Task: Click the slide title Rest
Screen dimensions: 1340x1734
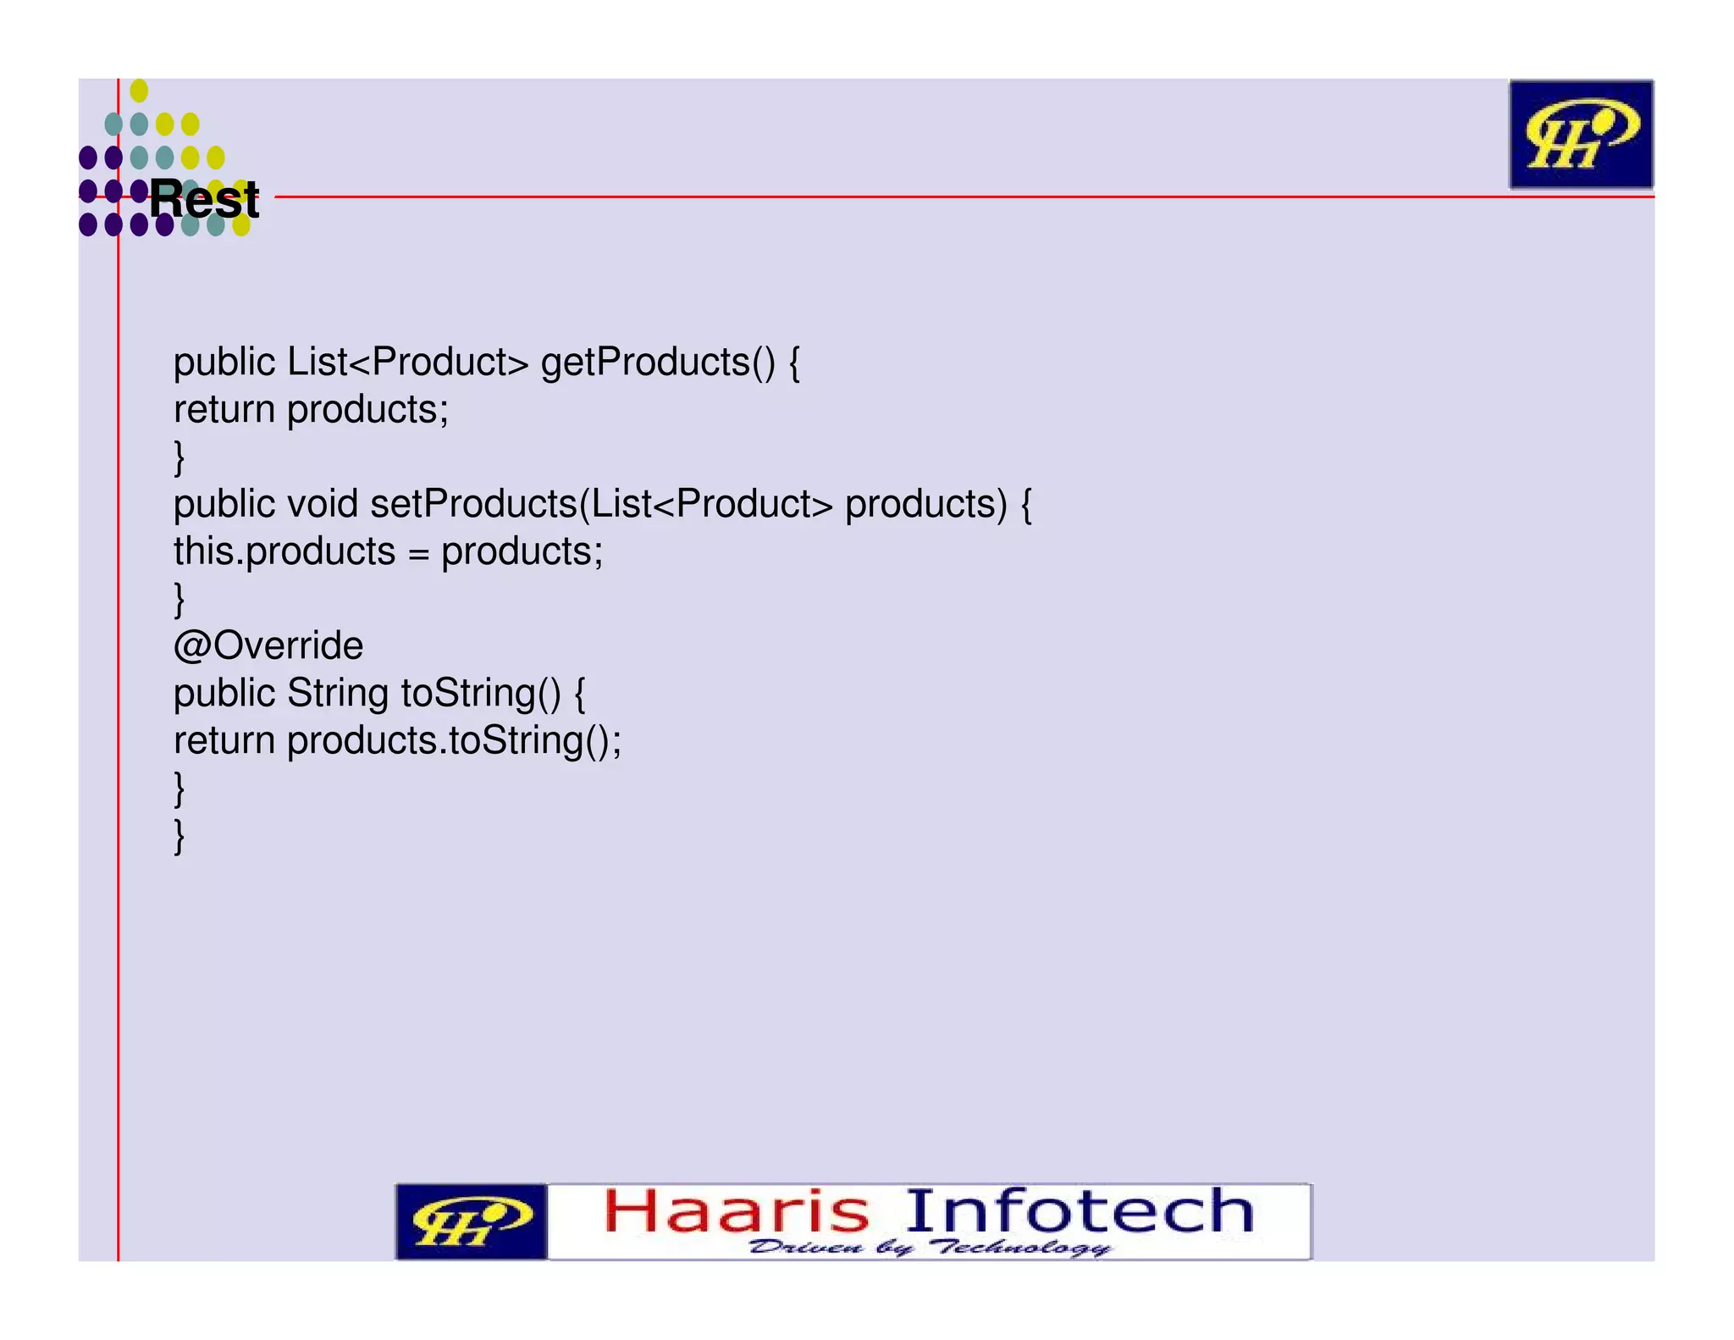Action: pyautogui.click(x=204, y=200)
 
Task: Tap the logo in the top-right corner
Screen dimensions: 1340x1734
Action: pyautogui.click(x=1580, y=134)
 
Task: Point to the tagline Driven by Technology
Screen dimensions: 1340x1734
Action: pyautogui.click(x=929, y=1248)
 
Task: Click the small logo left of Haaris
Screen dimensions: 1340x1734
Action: pyautogui.click(x=471, y=1221)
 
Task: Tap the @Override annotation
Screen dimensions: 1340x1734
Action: pyautogui.click(x=268, y=645)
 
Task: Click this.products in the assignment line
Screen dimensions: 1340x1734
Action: pyautogui.click(x=284, y=551)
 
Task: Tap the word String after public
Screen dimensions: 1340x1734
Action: pyautogui.click(x=338, y=693)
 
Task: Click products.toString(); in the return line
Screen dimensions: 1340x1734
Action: pyautogui.click(x=454, y=740)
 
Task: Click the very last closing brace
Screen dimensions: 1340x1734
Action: pyautogui.click(x=179, y=835)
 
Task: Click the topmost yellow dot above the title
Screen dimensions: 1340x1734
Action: pyautogui.click(x=140, y=91)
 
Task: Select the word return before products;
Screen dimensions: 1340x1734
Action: pyautogui.click(x=224, y=410)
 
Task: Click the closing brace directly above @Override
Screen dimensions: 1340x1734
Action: pyautogui.click(x=179, y=599)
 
